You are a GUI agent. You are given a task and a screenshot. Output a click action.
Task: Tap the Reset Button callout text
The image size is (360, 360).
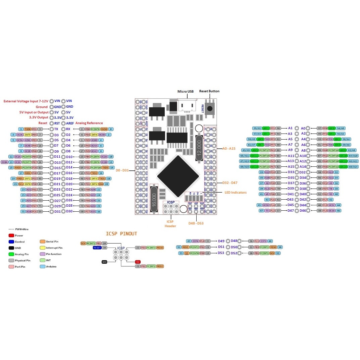[x=209, y=91]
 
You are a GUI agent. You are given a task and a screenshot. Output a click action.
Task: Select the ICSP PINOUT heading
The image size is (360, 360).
[x=121, y=234]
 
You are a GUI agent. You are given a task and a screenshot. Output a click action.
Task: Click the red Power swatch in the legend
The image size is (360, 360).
[x=11, y=236]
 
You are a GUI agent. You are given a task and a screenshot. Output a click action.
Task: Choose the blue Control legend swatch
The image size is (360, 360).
[x=11, y=242]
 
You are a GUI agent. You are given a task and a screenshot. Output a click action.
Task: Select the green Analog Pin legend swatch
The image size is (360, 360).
[x=11, y=254]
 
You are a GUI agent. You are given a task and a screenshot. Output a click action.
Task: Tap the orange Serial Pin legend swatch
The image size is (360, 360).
[x=42, y=242]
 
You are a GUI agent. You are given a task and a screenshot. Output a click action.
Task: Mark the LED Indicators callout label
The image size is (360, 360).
[x=236, y=192]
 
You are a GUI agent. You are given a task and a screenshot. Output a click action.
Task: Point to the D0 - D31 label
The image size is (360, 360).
[x=122, y=170]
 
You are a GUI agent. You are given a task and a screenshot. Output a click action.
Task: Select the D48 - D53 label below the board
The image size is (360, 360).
[x=196, y=223]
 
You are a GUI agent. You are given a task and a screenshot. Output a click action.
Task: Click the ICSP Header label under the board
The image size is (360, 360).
[x=170, y=224]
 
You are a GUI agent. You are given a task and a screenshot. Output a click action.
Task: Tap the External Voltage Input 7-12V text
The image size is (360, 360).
[x=25, y=101]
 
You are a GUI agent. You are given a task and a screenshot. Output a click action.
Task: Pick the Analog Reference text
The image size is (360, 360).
[x=89, y=123]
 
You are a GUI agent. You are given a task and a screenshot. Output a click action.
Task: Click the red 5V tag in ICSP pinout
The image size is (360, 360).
[x=138, y=262]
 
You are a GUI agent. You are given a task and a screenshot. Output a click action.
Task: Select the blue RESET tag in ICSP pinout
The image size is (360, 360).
[x=97, y=248]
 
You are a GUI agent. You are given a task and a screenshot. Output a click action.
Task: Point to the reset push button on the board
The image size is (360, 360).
[x=210, y=108]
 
